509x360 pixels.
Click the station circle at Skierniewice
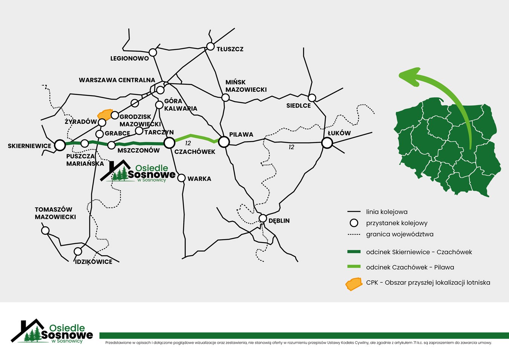point(60,145)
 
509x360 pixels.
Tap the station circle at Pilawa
point(224,142)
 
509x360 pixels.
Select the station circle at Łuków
point(327,143)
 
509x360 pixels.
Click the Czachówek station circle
point(169,142)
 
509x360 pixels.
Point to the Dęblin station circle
point(263,218)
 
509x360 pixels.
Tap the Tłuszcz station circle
point(210,46)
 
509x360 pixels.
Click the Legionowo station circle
point(153,52)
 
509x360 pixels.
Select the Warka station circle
point(181,178)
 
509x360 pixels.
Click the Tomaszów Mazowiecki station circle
point(45,230)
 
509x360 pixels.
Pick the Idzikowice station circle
point(78,251)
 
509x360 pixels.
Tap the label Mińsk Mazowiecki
point(246,86)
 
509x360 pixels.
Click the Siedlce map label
point(298,106)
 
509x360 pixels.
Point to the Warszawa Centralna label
point(117,80)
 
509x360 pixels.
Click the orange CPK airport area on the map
point(105,114)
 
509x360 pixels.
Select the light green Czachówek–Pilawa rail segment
point(196,137)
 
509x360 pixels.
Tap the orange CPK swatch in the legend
point(354,284)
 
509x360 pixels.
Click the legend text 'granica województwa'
point(400,234)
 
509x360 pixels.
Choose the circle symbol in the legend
point(354,223)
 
